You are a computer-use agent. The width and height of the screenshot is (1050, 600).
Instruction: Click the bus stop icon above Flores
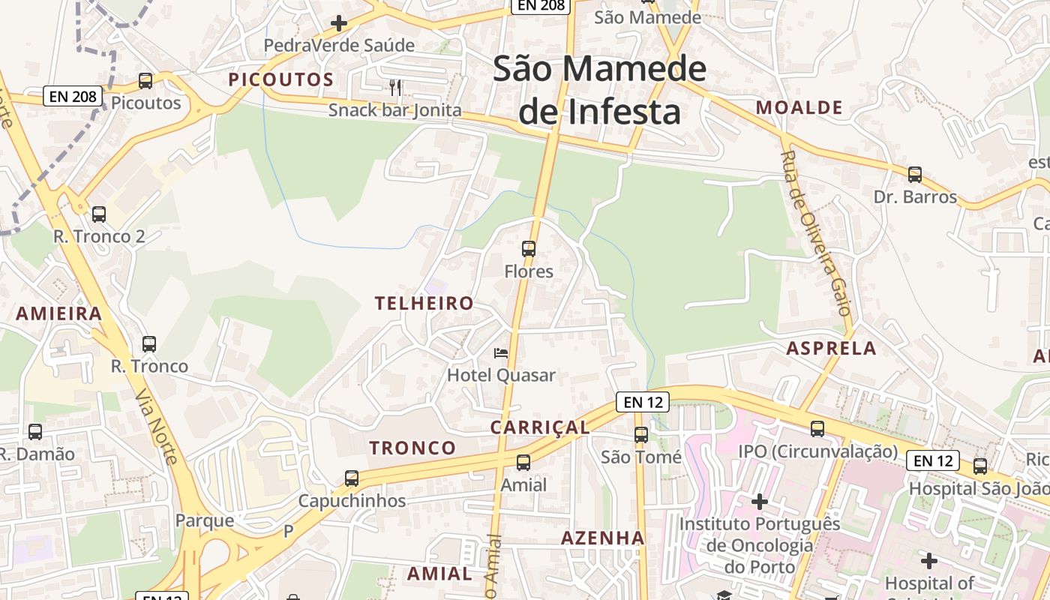[x=529, y=248]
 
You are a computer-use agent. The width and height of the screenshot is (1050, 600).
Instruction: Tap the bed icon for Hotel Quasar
[x=500, y=352]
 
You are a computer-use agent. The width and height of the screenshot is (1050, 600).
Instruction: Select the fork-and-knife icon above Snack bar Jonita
[x=396, y=88]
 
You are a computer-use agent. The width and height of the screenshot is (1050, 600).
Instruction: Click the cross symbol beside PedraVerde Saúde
[x=339, y=23]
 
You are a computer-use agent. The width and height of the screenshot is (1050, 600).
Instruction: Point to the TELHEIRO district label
[x=424, y=303]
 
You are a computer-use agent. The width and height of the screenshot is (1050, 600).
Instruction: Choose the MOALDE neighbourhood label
[x=799, y=107]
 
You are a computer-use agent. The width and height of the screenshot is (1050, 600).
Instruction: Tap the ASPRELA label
[x=831, y=348]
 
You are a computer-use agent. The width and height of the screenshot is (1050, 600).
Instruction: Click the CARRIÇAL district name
[x=539, y=427]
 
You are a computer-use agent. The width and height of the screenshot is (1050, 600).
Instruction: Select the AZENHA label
[x=602, y=538]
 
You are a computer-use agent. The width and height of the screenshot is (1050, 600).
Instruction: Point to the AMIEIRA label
[x=58, y=313]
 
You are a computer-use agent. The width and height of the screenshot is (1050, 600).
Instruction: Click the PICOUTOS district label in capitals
[x=280, y=79]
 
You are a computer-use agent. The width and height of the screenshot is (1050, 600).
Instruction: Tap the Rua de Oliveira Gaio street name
[x=815, y=232]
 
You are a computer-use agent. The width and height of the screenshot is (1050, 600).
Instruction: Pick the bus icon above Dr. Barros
[x=915, y=175]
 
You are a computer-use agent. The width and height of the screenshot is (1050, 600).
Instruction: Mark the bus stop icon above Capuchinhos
[x=351, y=478]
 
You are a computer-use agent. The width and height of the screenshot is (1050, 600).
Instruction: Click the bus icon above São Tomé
[x=640, y=434]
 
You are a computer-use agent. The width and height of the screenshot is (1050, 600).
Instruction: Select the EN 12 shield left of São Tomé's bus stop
[x=642, y=402]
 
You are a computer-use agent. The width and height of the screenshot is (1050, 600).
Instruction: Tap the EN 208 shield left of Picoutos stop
[x=71, y=96]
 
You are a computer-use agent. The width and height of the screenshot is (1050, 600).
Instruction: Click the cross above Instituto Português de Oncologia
[x=760, y=501]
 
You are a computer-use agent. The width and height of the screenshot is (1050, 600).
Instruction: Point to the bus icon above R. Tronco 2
[x=98, y=214]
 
